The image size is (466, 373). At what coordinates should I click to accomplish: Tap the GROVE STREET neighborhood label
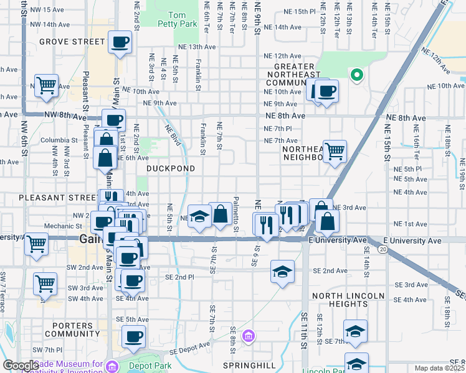coord(72,42)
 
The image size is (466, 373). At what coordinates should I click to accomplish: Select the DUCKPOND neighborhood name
coord(171,168)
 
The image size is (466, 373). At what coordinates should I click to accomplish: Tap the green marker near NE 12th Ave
coord(356,76)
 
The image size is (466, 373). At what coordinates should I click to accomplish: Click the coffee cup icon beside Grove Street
coord(120,43)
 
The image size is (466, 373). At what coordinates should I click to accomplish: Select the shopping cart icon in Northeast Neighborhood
coord(335,150)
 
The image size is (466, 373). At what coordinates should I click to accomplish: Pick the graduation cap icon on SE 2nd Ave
coord(282,271)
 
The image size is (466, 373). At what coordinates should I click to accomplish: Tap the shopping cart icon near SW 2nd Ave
coord(45,284)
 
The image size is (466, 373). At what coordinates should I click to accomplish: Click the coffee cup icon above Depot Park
coord(133,337)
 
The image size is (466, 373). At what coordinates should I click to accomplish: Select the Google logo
coord(21,366)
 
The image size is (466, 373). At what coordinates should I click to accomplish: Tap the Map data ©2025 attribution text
coord(440,368)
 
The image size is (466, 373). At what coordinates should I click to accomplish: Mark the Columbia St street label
coord(58,140)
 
